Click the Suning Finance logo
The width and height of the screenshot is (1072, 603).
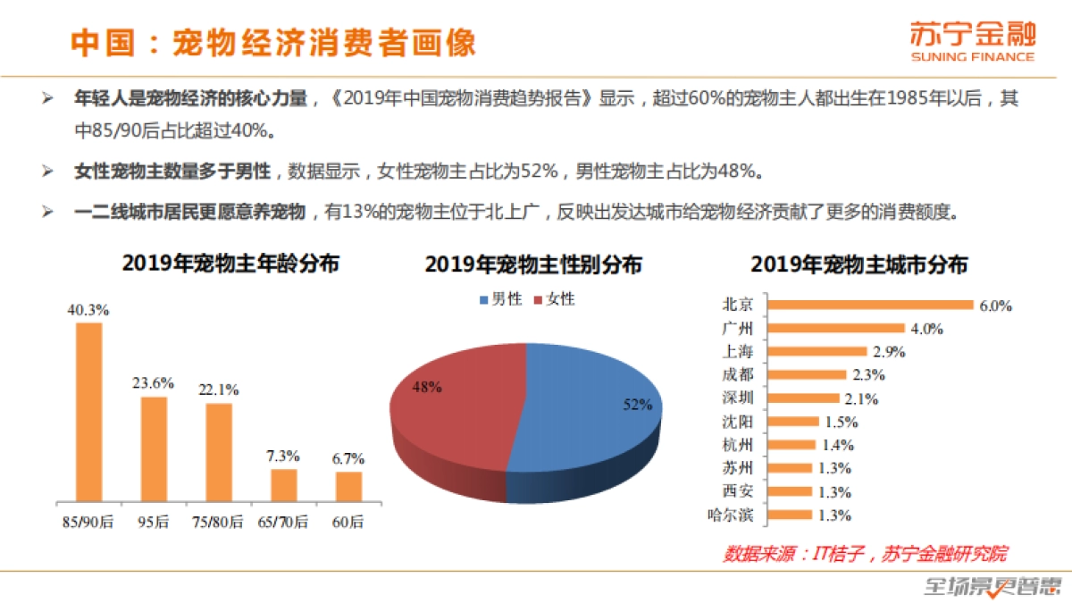(972, 42)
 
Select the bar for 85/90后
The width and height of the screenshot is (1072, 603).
(88, 412)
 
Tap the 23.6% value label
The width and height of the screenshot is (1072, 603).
(154, 382)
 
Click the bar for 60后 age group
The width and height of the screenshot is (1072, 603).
(348, 486)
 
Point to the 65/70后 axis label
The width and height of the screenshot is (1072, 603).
(283, 521)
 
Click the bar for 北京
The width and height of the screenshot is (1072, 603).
(871, 305)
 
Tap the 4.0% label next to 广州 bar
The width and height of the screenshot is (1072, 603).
(926, 328)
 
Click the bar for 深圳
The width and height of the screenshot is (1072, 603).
(804, 398)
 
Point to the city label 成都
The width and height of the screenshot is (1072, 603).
(737, 374)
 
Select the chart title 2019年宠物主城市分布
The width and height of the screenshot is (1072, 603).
(859, 265)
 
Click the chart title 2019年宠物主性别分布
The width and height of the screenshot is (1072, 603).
(533, 265)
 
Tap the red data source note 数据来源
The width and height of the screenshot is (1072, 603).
(865, 554)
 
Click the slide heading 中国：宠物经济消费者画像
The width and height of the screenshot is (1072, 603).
(273, 43)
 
